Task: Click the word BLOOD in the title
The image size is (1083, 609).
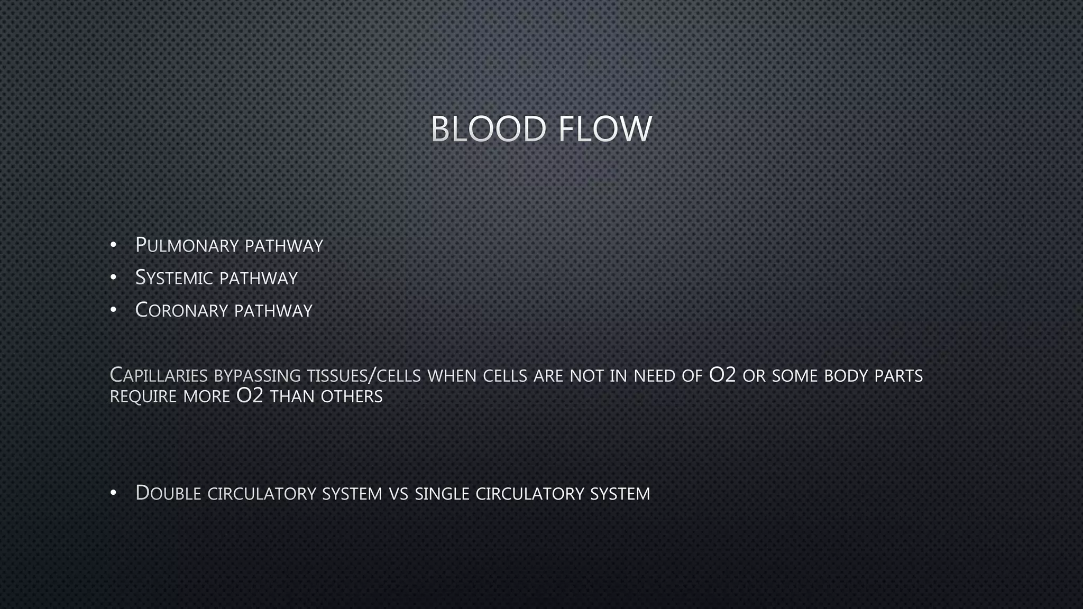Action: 488,129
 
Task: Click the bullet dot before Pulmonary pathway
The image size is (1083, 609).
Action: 113,246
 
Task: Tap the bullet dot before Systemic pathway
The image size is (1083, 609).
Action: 113,278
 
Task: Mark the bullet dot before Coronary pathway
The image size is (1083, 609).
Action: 113,310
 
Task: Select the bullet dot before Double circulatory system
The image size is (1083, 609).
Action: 113,493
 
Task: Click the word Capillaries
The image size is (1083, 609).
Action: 159,375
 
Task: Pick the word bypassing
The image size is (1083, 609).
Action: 258,376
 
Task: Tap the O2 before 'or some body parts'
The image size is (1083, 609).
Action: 722,375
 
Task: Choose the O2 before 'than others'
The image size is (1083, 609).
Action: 250,396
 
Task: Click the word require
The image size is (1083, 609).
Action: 143,396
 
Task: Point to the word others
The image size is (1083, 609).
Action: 352,396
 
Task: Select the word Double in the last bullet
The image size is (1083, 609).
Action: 168,493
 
